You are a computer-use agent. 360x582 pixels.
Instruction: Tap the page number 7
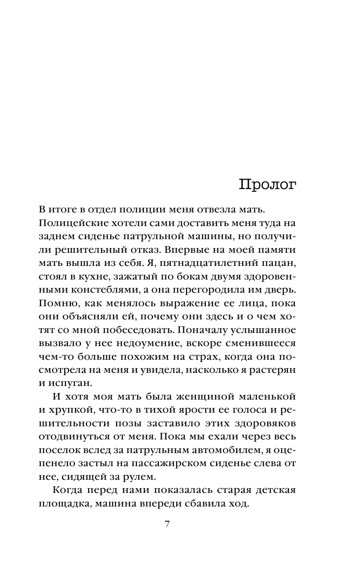click(x=167, y=524)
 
